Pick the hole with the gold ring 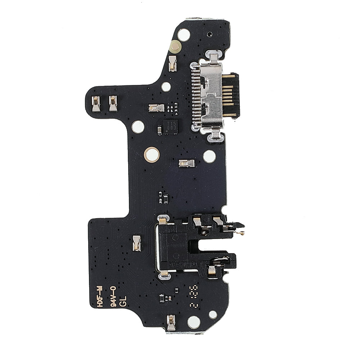[x=152, y=154]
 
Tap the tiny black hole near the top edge [x=209, y=35]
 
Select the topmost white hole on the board [x=184, y=35]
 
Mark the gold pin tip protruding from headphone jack [x=242, y=233]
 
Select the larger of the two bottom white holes [x=194, y=322]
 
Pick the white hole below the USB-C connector [x=209, y=156]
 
